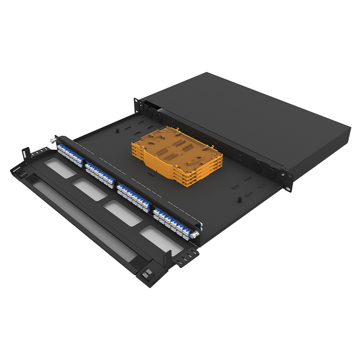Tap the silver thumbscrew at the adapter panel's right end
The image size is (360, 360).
click(x=195, y=235)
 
